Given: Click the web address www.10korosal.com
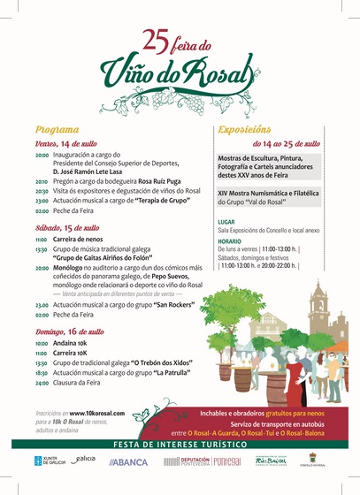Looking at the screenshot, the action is point(96,413).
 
